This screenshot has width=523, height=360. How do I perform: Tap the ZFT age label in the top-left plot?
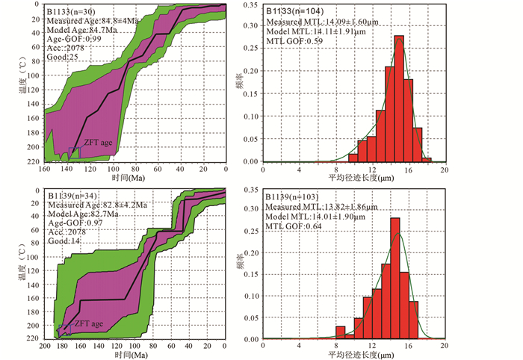(x=98, y=141)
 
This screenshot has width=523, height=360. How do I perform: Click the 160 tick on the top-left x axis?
(x=44, y=170)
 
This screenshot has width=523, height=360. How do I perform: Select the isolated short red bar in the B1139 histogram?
(x=341, y=332)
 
